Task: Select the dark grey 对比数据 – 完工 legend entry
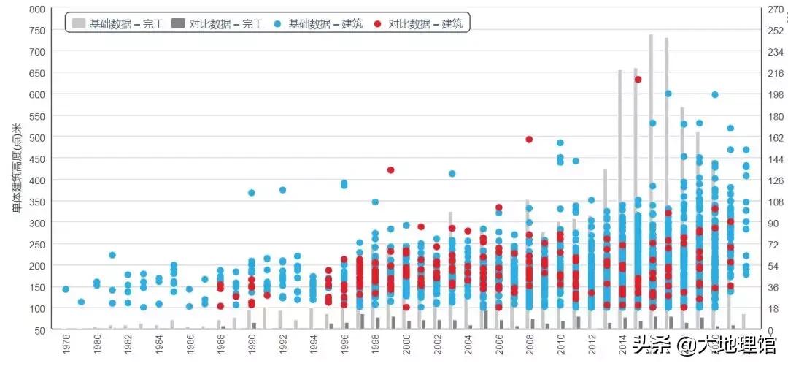(x=216, y=23)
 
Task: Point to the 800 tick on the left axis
(x=36, y=9)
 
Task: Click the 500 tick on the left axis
(x=36, y=137)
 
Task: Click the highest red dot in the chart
(x=638, y=79)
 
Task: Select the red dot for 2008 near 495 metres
(x=529, y=140)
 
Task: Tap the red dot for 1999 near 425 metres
(x=391, y=170)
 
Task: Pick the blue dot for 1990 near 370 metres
(x=252, y=193)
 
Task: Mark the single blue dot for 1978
(x=66, y=289)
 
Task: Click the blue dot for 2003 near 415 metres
(x=452, y=174)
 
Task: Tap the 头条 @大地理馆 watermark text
(x=704, y=344)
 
